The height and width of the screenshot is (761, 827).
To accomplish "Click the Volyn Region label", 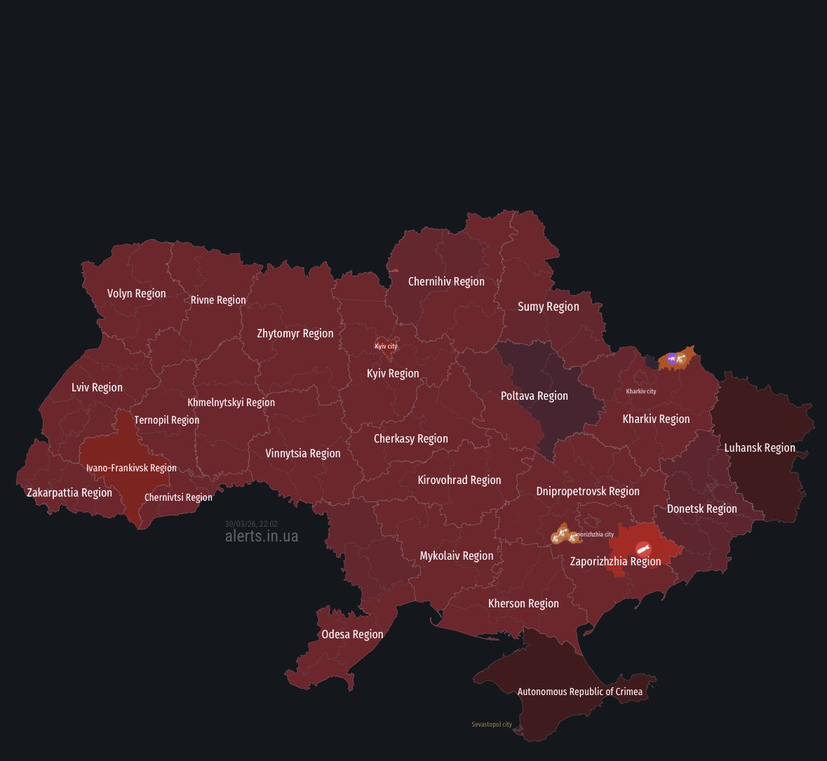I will point(136,293).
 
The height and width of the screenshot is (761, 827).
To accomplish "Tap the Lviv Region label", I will point(97,387).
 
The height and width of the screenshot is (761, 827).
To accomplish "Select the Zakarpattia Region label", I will point(69,492).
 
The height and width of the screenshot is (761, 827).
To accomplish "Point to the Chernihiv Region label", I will point(446,281).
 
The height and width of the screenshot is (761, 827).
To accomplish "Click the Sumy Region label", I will point(548,307).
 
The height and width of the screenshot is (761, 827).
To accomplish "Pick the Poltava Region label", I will point(534,396).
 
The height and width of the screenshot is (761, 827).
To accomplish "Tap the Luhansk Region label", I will point(760,447).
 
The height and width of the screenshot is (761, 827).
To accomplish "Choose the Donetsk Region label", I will point(701,509).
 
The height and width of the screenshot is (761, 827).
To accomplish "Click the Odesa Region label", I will point(352,634).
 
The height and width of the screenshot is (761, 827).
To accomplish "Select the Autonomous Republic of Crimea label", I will point(579,692).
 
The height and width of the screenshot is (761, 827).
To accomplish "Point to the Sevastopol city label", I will point(491,725).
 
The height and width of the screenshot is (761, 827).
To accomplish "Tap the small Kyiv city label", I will point(386,346).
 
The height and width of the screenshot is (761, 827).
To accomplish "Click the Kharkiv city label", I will point(640,391).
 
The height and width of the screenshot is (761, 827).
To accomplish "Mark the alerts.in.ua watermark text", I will point(261,537).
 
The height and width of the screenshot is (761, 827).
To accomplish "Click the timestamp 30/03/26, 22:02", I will point(251,524).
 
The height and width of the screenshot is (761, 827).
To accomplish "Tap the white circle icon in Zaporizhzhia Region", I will point(642,548).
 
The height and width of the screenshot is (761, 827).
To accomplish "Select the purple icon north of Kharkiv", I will point(672,358).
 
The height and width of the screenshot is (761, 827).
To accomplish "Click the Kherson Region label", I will point(523,603).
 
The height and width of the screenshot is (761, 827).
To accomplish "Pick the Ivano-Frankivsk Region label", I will point(131,468).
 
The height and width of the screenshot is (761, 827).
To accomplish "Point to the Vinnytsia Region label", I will point(302,453).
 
